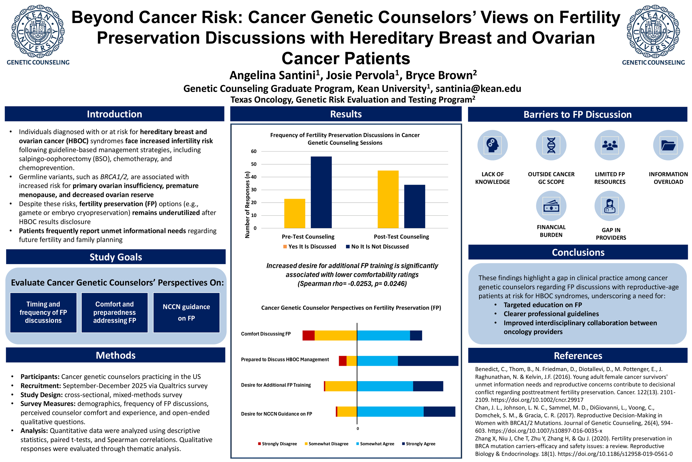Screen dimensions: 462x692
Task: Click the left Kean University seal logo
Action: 38,31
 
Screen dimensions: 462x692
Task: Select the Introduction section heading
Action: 114,114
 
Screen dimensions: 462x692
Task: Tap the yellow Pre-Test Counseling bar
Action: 295,213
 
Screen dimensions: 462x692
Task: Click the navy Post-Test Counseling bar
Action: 414,206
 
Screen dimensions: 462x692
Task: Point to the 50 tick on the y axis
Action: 254,164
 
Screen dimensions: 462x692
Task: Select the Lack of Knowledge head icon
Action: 492,145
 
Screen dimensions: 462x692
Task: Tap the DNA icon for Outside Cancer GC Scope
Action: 551,145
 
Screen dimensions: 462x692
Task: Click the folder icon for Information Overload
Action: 668,145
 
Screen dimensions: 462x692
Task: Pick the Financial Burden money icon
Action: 551,206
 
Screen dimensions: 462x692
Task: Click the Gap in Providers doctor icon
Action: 610,206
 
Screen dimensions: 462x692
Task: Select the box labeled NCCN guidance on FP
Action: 186,313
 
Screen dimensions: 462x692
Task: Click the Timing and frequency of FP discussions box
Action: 43,313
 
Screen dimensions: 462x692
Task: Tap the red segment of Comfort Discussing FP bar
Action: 308,336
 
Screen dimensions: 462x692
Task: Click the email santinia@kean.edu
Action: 478,88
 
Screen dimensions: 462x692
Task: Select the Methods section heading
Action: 115,355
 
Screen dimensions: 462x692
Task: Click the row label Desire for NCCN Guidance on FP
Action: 276,414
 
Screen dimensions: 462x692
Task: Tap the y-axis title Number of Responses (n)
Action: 247,205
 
